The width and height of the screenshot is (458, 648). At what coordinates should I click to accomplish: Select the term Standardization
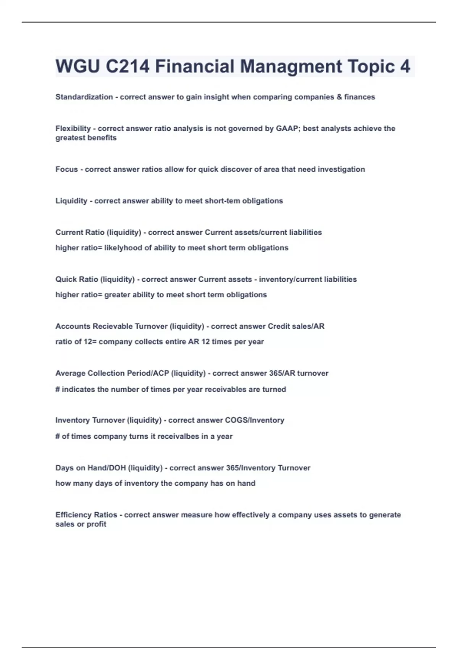pyautogui.click(x=84, y=97)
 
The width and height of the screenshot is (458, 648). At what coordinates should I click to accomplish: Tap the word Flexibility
pyautogui.click(x=73, y=128)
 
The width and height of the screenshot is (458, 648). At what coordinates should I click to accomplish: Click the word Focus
pyautogui.click(x=66, y=169)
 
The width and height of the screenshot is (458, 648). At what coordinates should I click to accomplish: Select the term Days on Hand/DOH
pyautogui.click(x=90, y=468)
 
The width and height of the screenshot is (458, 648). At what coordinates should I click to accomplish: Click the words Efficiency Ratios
pyautogui.click(x=86, y=515)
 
